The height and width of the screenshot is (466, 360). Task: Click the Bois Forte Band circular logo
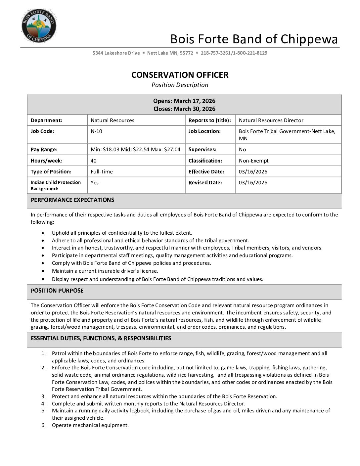coord(39,26)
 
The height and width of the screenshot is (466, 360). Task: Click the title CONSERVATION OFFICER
coord(180,75)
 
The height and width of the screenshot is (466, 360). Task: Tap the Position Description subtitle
coord(180,85)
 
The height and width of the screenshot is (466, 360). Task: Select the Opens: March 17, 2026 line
coord(184,101)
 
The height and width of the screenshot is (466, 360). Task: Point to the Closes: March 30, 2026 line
coord(184,109)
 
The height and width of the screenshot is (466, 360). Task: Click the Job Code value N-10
coord(96,131)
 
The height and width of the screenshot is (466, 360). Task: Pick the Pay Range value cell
coord(135,150)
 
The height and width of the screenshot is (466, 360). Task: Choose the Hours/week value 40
coord(94,161)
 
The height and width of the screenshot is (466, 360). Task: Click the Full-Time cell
coord(102,172)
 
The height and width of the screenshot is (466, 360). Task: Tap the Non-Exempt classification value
coord(253,161)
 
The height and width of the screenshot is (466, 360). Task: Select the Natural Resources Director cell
coord(271,120)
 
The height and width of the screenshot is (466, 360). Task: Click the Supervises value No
coord(242,150)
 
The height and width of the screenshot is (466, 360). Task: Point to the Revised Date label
coord(205,183)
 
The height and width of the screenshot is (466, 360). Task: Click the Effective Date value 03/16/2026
coord(253,172)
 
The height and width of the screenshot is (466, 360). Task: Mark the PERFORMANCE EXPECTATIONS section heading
coord(72,200)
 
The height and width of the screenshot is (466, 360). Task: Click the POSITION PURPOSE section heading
coord(57,291)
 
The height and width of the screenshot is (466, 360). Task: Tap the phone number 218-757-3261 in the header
coord(215,53)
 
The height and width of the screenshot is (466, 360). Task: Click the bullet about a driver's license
coord(105,271)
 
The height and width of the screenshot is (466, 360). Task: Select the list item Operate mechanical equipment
coord(90,425)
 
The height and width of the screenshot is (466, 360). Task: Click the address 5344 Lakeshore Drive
coord(116,53)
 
